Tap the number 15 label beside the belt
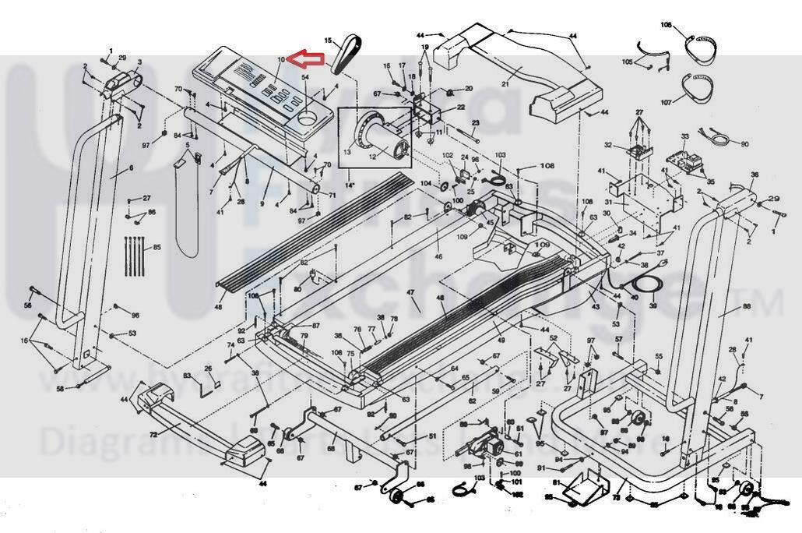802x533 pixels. pyautogui.click(x=329, y=41)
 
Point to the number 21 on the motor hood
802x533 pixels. pyautogui.click(x=505, y=83)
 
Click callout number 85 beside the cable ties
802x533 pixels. pyautogui.click(x=157, y=248)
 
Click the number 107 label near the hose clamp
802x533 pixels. pyautogui.click(x=666, y=102)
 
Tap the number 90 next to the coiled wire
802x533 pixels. pyautogui.click(x=744, y=144)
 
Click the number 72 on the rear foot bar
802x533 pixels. pyautogui.click(x=153, y=433)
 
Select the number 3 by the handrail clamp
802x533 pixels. pyautogui.click(x=139, y=62)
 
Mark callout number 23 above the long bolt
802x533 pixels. pyautogui.click(x=475, y=123)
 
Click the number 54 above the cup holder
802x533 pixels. pyautogui.click(x=305, y=78)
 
